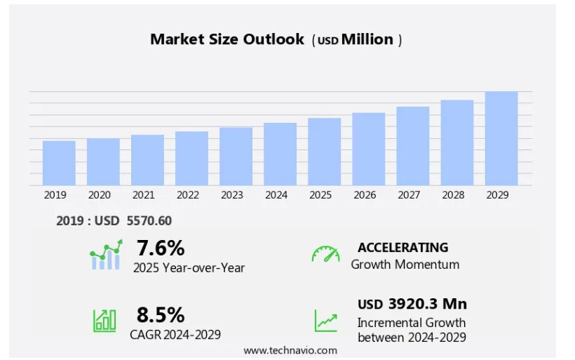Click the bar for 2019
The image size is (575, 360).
pyautogui.click(x=59, y=163)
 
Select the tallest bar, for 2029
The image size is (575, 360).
pyautogui.click(x=501, y=138)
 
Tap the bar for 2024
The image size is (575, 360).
pyautogui.click(x=280, y=154)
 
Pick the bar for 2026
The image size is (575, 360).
pyautogui.click(x=369, y=149)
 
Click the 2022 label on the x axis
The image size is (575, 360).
pyautogui.click(x=187, y=195)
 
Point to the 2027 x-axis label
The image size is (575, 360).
pyautogui.click(x=409, y=195)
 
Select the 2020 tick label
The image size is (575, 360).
pyautogui.click(x=99, y=195)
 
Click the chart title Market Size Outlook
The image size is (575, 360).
pyautogui.click(x=227, y=39)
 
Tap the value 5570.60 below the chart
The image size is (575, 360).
pyautogui.click(x=149, y=221)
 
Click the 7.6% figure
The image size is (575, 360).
pyautogui.click(x=161, y=248)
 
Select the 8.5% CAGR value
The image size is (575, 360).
pyautogui.click(x=161, y=314)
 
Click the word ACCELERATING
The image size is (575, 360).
pyautogui.click(x=402, y=247)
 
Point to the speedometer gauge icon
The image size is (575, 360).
pyautogui.click(x=325, y=254)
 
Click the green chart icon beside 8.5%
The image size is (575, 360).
pyautogui.click(x=104, y=320)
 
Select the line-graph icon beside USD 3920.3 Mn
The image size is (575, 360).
pyautogui.click(x=325, y=321)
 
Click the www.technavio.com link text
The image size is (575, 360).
pyautogui.click(x=290, y=350)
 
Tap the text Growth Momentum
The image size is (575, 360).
pyautogui.click(x=405, y=265)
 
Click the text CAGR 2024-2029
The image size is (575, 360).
pyautogui.click(x=175, y=335)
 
